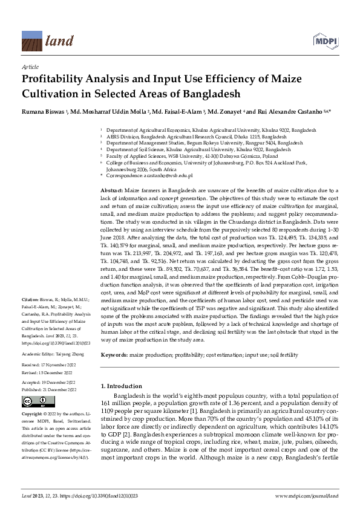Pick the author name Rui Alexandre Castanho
pyautogui.click(x=284, y=112)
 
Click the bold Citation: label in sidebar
pyautogui.click(x=30, y=299)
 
